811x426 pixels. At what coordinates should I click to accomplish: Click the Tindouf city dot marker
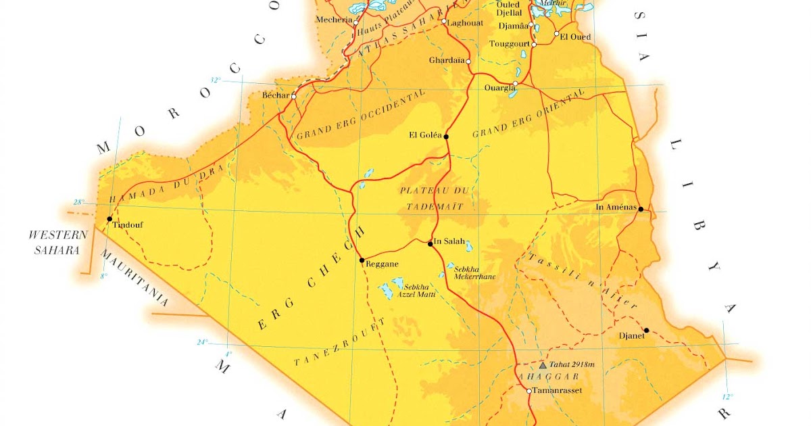click(x=109, y=219)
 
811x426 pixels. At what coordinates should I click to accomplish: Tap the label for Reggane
click(x=382, y=264)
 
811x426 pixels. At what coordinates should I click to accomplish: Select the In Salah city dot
click(x=431, y=244)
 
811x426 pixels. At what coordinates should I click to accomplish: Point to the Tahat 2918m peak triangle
click(x=542, y=364)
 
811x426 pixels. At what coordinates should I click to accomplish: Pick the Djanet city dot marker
click(x=646, y=331)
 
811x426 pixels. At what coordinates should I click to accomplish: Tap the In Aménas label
click(x=616, y=207)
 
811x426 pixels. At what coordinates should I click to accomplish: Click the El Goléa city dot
click(x=446, y=137)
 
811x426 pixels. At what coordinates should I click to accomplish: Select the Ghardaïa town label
click(x=447, y=60)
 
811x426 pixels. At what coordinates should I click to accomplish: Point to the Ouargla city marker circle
click(x=515, y=85)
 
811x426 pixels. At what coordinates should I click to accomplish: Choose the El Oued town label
click(x=576, y=37)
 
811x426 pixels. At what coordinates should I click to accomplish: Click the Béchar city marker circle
click(x=294, y=96)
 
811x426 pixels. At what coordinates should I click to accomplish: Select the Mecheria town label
click(x=334, y=20)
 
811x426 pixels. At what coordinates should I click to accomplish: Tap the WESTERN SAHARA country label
click(x=57, y=242)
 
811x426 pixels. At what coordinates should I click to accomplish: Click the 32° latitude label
click(x=216, y=80)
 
